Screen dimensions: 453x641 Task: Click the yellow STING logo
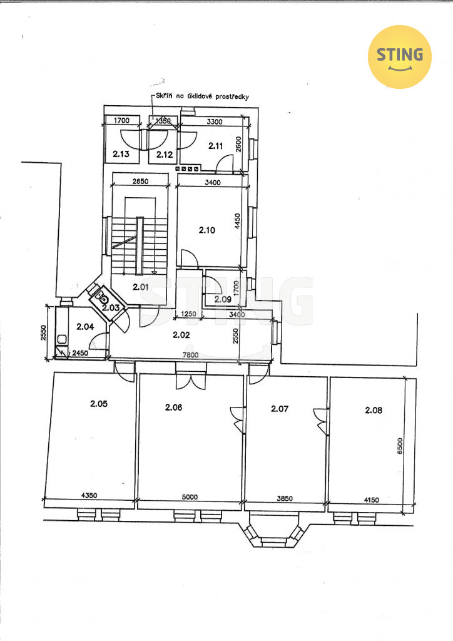click(399, 57)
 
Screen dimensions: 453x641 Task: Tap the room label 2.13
click(121, 154)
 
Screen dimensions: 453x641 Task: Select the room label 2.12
click(165, 155)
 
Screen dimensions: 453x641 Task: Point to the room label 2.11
click(216, 145)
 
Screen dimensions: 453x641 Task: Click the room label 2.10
click(207, 230)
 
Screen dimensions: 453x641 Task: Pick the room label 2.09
click(223, 299)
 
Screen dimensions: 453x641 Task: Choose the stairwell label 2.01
click(141, 287)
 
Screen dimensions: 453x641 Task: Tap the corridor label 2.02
click(181, 335)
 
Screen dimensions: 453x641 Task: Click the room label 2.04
click(85, 326)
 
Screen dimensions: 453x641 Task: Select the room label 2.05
click(99, 404)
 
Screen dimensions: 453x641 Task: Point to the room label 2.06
click(173, 407)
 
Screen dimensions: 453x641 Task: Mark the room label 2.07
click(280, 408)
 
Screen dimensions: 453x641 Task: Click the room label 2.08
click(374, 410)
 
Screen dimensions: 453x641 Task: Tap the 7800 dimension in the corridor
click(191, 356)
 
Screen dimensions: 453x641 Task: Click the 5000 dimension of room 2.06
click(190, 497)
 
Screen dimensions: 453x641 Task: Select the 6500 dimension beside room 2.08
click(400, 446)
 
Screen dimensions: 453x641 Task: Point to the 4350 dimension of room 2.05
click(89, 496)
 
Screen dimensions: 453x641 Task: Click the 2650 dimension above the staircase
click(140, 181)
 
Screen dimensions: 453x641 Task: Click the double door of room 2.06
click(191, 381)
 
